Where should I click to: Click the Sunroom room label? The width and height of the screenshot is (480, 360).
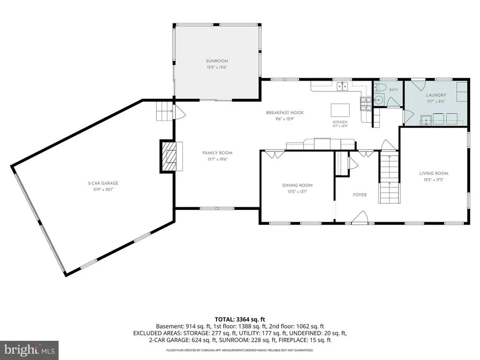click(217, 61)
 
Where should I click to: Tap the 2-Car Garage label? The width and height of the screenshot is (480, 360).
click(103, 183)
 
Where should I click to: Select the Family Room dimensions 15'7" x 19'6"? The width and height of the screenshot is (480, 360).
click(217, 159)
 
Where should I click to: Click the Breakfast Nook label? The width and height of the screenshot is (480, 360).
click(285, 112)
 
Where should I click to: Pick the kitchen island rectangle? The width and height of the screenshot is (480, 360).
click(340, 110)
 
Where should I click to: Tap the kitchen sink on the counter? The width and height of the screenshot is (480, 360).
click(343, 87)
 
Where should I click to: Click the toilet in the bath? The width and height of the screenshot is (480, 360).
click(379, 88)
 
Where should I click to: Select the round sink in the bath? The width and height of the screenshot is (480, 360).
click(379, 100)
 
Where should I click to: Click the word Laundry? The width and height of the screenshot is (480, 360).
click(436, 95)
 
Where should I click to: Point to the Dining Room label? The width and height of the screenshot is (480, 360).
click(297, 185)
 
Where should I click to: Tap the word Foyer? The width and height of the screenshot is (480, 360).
click(360, 195)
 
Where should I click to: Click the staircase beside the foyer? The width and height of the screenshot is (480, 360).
click(390, 178)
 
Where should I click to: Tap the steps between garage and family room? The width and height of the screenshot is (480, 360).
click(165, 111)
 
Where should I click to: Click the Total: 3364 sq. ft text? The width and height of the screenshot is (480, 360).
click(240, 320)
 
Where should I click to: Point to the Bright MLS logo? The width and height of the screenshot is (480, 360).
click(30, 350)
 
